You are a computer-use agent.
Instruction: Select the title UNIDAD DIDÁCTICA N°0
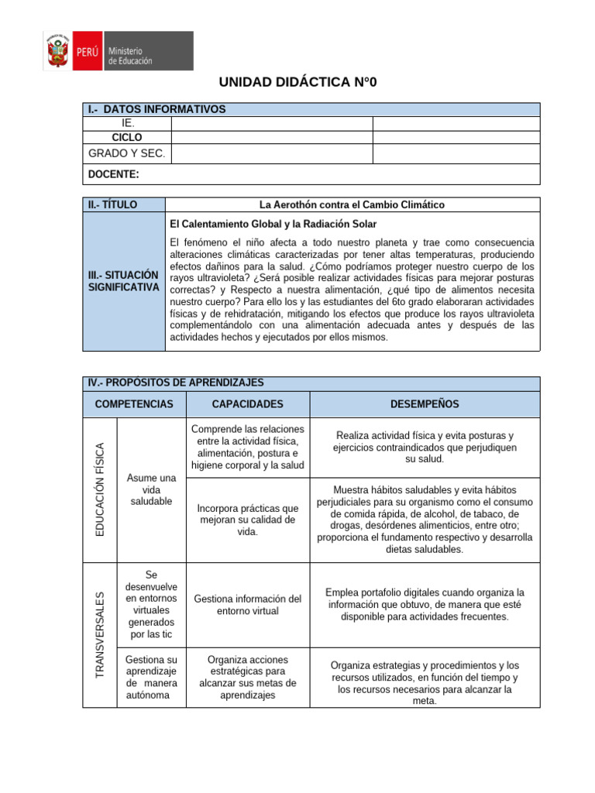pos(297,83)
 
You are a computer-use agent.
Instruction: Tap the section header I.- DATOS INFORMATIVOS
pos(157,109)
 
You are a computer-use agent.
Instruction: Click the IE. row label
pos(128,123)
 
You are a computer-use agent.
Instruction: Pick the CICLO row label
pos(127,137)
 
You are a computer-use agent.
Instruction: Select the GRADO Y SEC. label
pos(127,153)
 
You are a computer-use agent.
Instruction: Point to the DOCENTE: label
pos(114,174)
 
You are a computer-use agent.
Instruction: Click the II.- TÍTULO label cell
pos(113,204)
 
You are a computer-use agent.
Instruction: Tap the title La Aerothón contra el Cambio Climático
pos(352,204)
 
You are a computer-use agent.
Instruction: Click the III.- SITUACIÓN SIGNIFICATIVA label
pos(123,281)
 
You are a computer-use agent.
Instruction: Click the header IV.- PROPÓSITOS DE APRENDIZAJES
pos(176,383)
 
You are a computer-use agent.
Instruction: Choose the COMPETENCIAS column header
pos(129,404)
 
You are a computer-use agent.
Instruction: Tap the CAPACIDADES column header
pos(247,404)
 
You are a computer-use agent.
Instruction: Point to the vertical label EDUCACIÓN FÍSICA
pos(99,489)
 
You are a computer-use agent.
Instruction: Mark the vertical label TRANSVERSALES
pos(99,635)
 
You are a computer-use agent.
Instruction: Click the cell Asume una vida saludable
pos(151,489)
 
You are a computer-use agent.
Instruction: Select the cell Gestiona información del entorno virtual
pos(247,605)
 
